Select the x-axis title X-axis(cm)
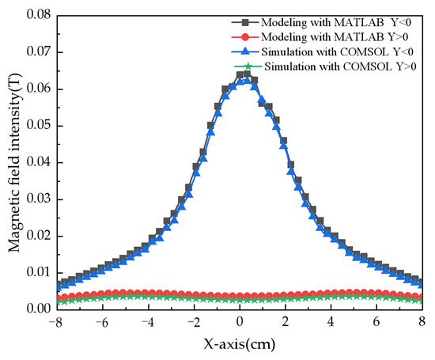(239, 345)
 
